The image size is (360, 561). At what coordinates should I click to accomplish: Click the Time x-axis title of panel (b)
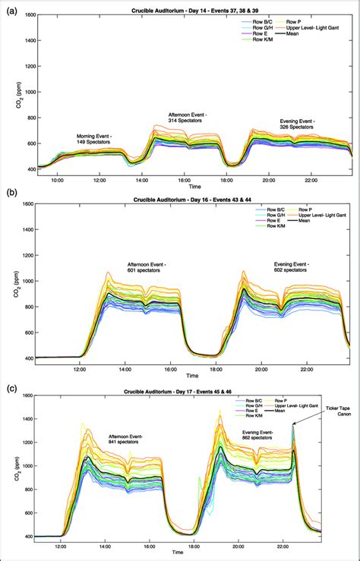(x=195, y=375)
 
